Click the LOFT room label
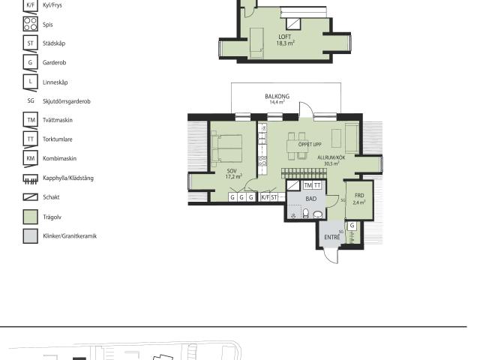click(285, 37)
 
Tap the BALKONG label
click(277, 97)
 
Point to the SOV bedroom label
click(232, 171)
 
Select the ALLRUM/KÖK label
click(331, 157)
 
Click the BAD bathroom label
click(310, 199)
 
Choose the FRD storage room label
click(359, 195)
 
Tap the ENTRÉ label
click(331, 237)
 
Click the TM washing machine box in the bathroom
click(308, 185)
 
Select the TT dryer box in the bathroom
click(317, 185)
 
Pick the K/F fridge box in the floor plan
click(265, 197)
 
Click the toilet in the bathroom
click(305, 213)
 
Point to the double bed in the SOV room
click(226, 148)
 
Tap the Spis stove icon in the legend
click(31, 24)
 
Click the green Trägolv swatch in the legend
click(31, 217)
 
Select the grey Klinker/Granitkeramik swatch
click(31, 236)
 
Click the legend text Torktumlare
click(58, 139)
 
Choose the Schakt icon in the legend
click(31, 197)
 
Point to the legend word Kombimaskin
click(60, 158)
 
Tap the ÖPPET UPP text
click(310, 144)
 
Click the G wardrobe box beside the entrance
click(352, 226)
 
